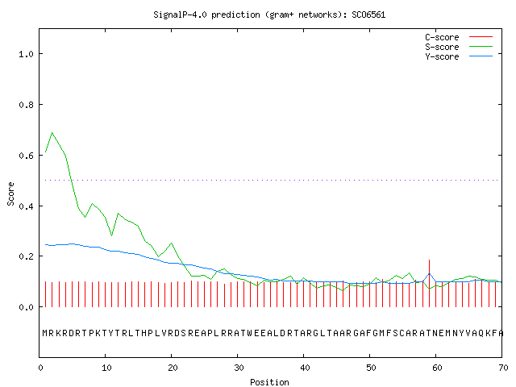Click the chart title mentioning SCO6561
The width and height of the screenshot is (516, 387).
click(x=269, y=15)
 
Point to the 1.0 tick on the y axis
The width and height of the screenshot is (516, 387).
click(x=26, y=54)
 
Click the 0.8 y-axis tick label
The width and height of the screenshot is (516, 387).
click(x=26, y=105)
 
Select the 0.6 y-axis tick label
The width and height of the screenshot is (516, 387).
click(x=26, y=156)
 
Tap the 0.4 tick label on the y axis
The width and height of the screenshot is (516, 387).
click(x=26, y=206)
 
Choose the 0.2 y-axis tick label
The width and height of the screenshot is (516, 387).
click(x=26, y=256)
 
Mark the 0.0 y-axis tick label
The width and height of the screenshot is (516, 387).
click(x=26, y=307)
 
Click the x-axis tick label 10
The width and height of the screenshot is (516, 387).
click(x=106, y=368)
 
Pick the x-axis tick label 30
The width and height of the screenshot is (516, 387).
click(x=239, y=368)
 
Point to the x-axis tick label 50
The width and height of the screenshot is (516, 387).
click(x=371, y=368)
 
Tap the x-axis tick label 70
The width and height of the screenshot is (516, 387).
click(x=503, y=368)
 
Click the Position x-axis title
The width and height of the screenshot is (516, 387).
click(x=269, y=382)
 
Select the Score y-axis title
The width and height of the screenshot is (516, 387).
click(x=10, y=193)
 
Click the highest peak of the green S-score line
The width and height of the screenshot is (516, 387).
click(x=52, y=132)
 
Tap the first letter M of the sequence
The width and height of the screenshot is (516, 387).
click(x=45, y=333)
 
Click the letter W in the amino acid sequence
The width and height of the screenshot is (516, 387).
click(x=250, y=333)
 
